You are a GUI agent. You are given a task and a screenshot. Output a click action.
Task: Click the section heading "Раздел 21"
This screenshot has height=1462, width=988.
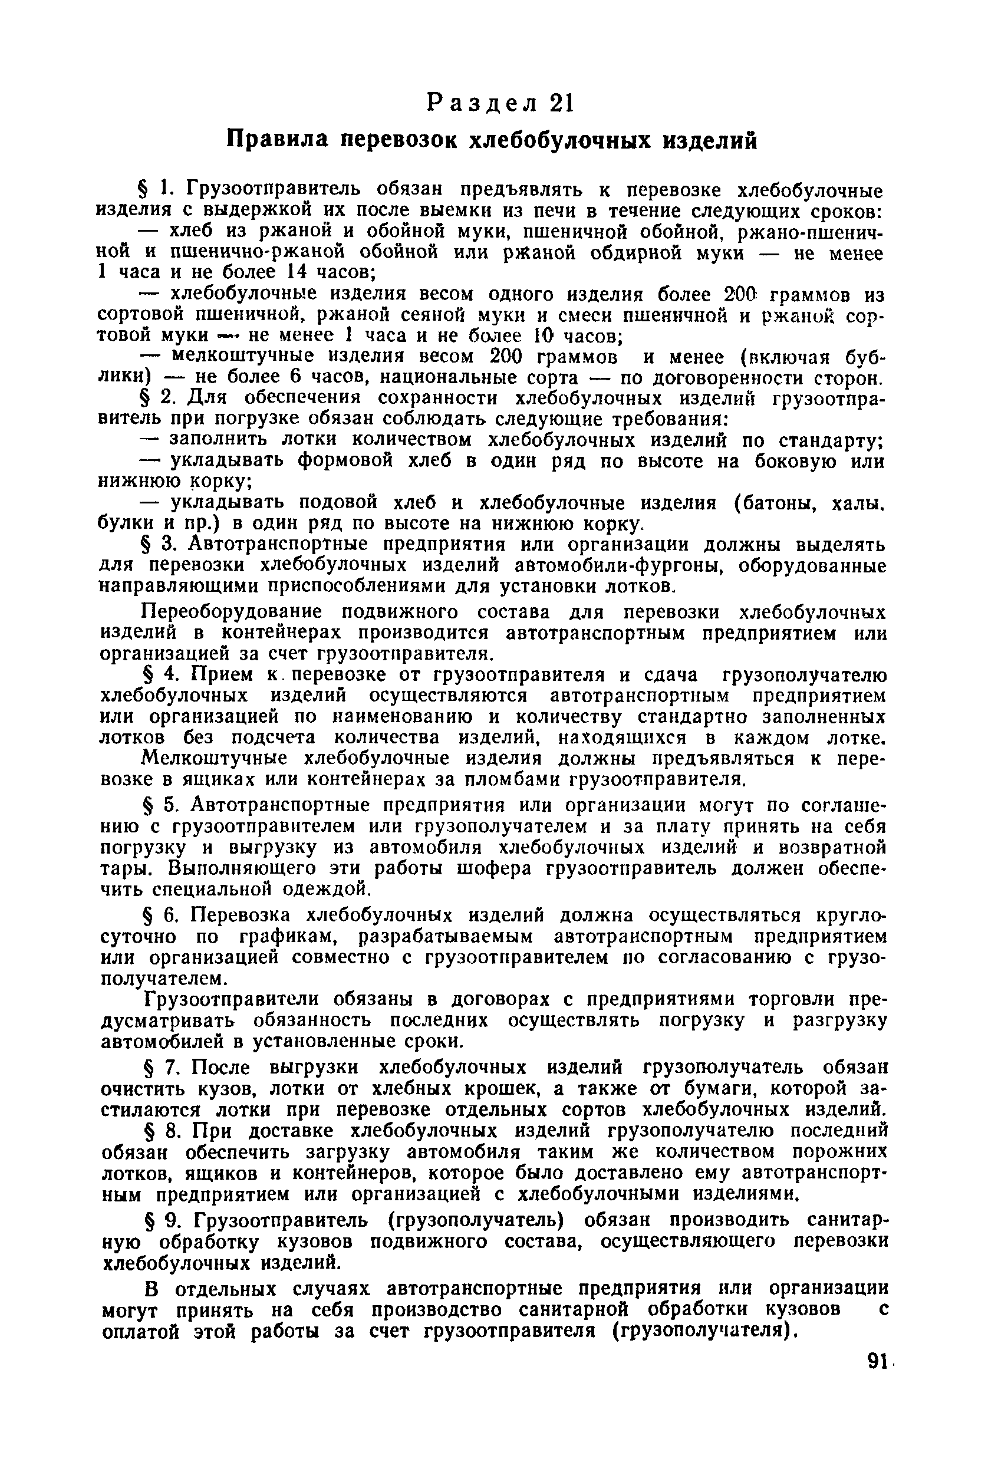[500, 103]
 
